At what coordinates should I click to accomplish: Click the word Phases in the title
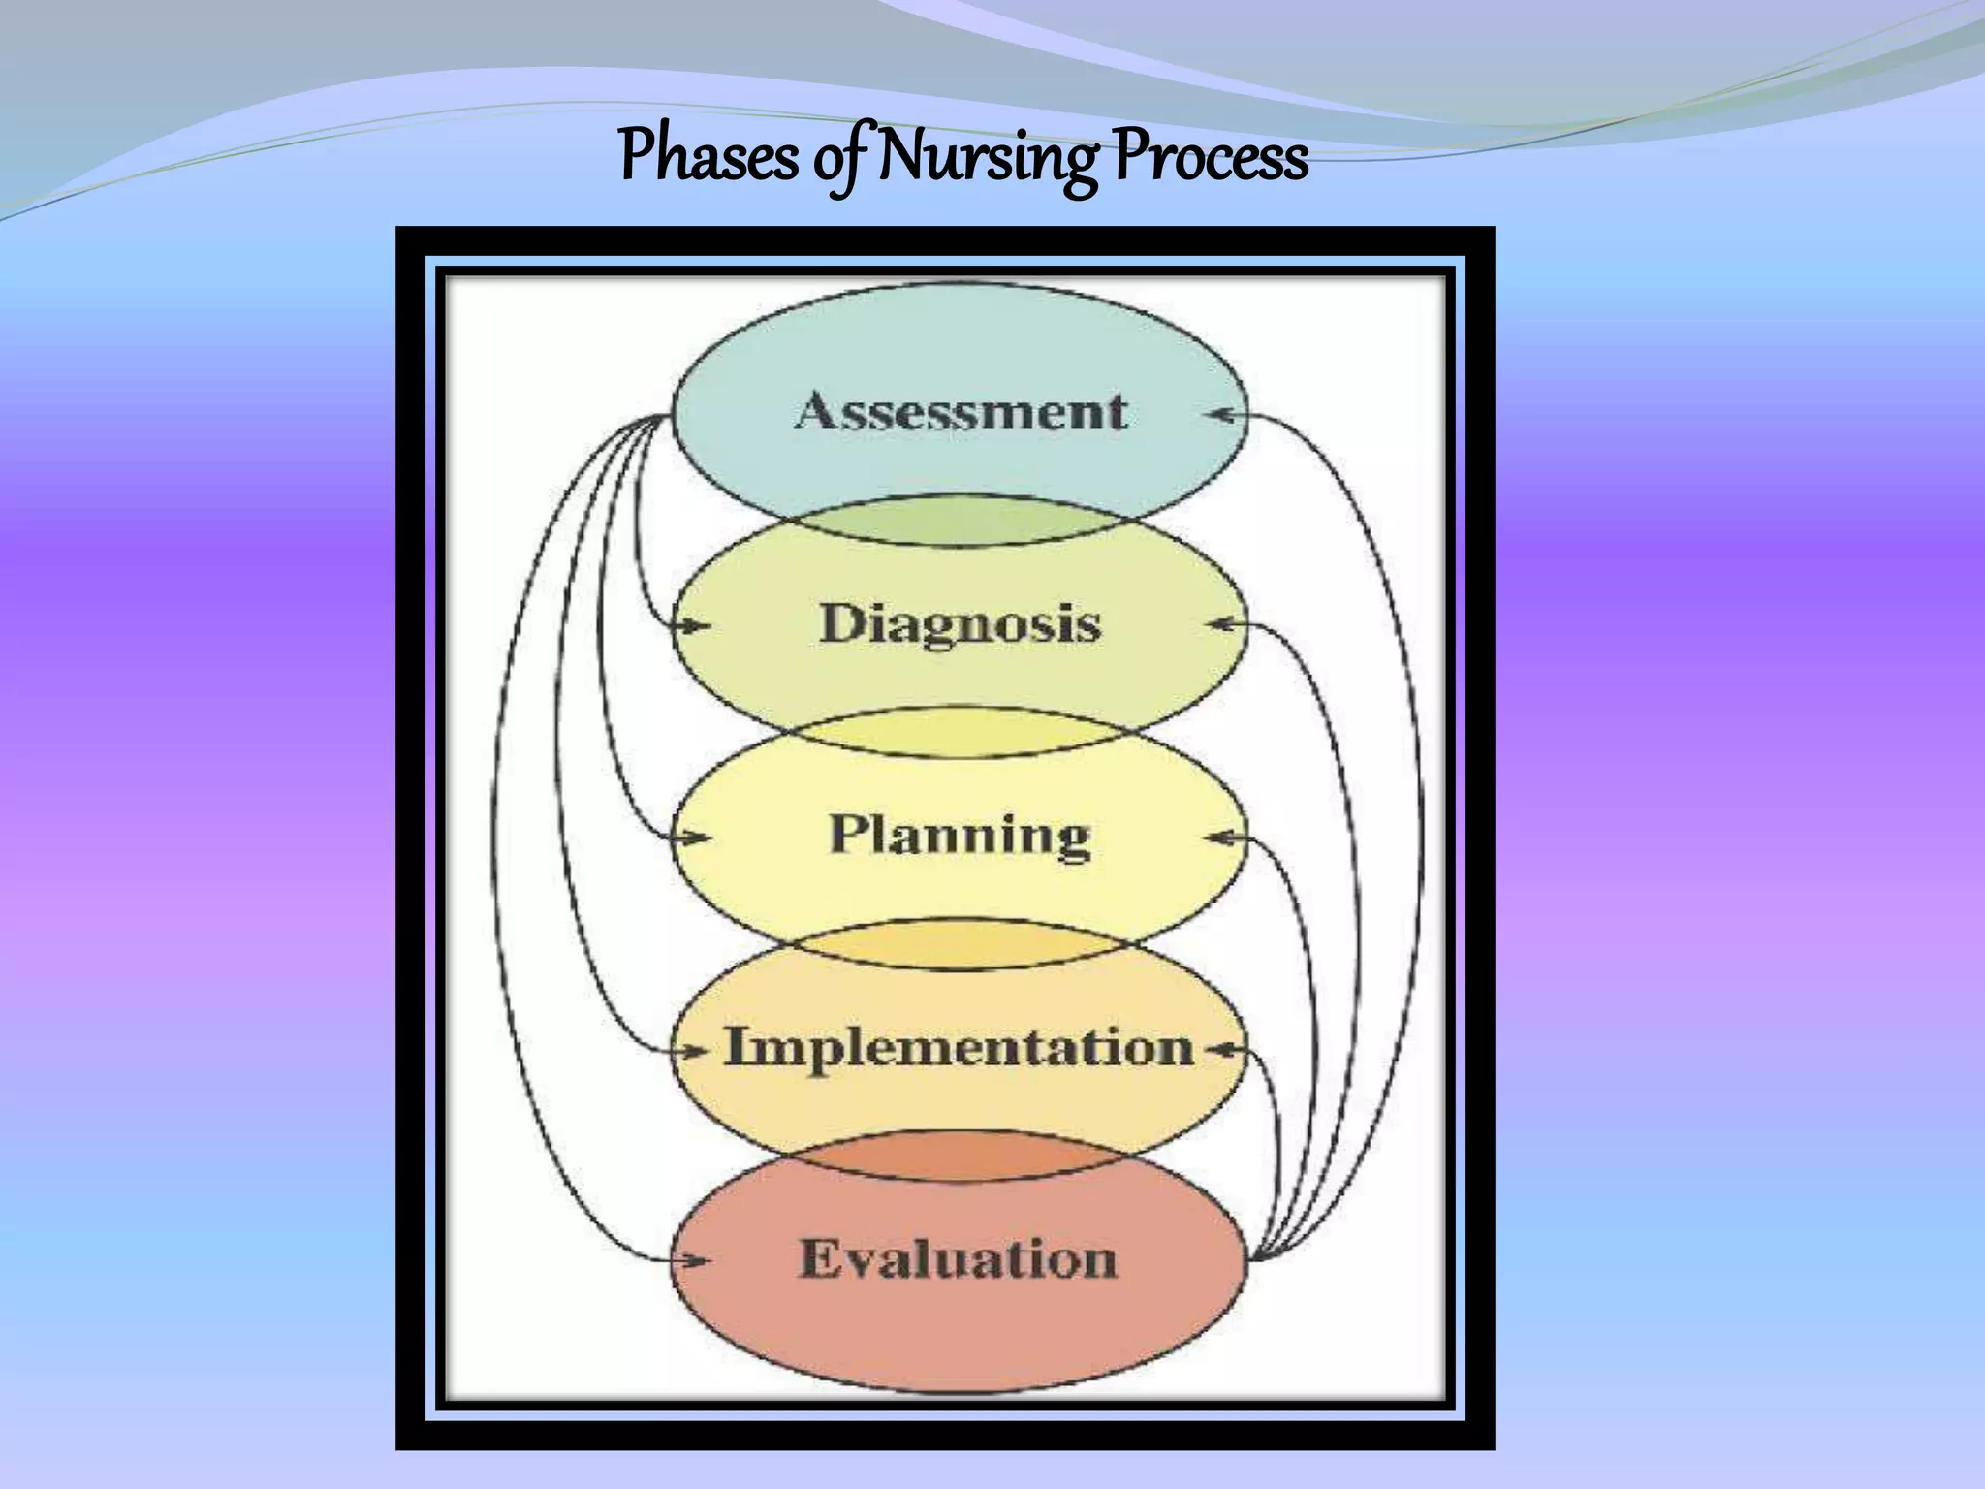tap(708, 157)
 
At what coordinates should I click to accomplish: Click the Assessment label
tap(961, 411)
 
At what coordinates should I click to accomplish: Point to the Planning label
tap(960, 835)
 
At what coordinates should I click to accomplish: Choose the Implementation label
tap(960, 1048)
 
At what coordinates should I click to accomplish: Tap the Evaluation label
tap(958, 1259)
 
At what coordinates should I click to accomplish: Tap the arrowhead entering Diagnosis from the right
tap(1221, 625)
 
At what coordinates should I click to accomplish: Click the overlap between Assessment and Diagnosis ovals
tap(958, 523)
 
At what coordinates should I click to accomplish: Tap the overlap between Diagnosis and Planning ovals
tap(958, 734)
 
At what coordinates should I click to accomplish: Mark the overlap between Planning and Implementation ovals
tap(958, 945)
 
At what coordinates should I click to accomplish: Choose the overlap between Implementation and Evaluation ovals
tap(958, 1156)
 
